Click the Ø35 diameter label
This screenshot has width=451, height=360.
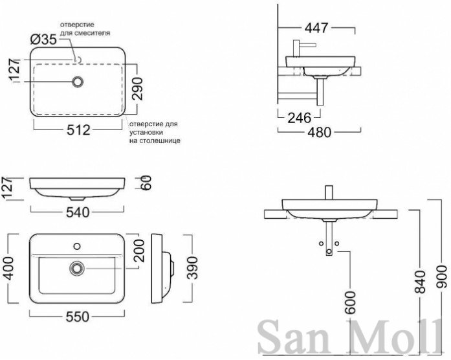44,39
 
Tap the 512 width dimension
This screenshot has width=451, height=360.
78,130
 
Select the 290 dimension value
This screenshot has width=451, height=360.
138,89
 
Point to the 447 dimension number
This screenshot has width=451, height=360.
316,28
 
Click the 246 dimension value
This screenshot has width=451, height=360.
300,118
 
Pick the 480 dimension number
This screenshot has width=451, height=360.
320,132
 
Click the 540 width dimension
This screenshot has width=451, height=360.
78,212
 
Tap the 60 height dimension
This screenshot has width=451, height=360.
146,183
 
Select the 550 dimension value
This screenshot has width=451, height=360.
78,317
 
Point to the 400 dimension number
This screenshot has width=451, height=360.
9,269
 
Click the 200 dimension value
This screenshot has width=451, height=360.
140,251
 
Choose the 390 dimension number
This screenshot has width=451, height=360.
192,268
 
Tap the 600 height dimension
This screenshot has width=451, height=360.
350,302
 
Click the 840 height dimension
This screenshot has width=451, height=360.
420,282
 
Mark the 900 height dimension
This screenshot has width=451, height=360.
441,277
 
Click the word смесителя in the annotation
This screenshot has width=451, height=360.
92,33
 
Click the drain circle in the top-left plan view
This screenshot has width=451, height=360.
78,82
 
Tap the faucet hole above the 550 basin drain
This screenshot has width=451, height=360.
77,246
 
